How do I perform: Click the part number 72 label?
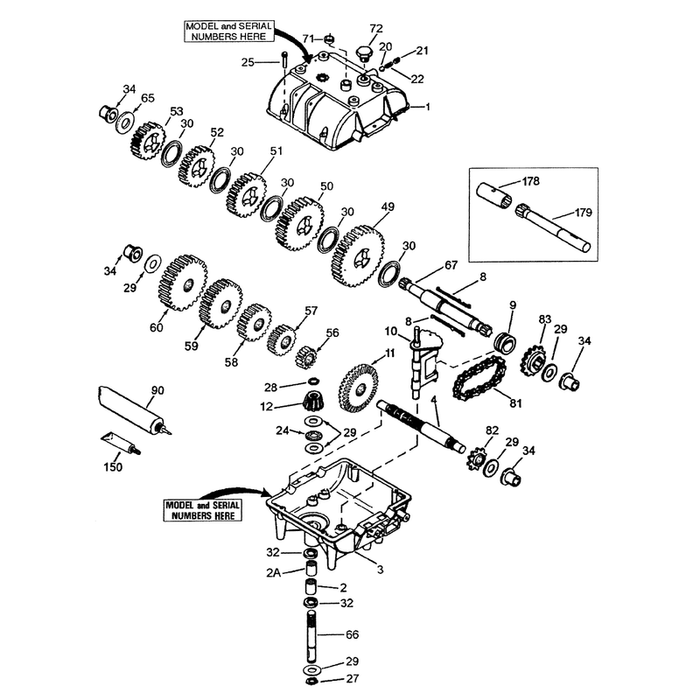tap(376, 29)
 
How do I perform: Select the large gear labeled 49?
tap(358, 256)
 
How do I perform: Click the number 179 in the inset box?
tap(583, 213)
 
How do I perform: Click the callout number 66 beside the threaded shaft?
tap(353, 634)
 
